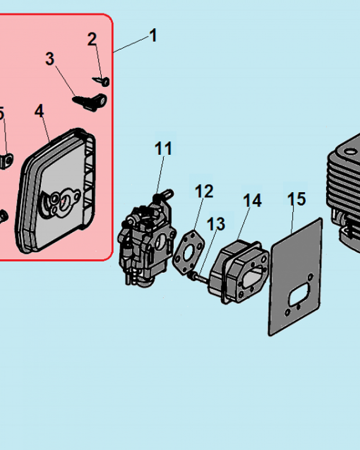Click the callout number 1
coord(153,35)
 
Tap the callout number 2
coord(92,40)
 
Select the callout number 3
coord(49,58)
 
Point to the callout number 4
coord(40,111)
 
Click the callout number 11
coord(163,148)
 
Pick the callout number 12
coord(203,191)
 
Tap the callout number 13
coord(216,224)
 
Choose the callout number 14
coord(252,201)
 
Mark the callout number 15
coord(297,198)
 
